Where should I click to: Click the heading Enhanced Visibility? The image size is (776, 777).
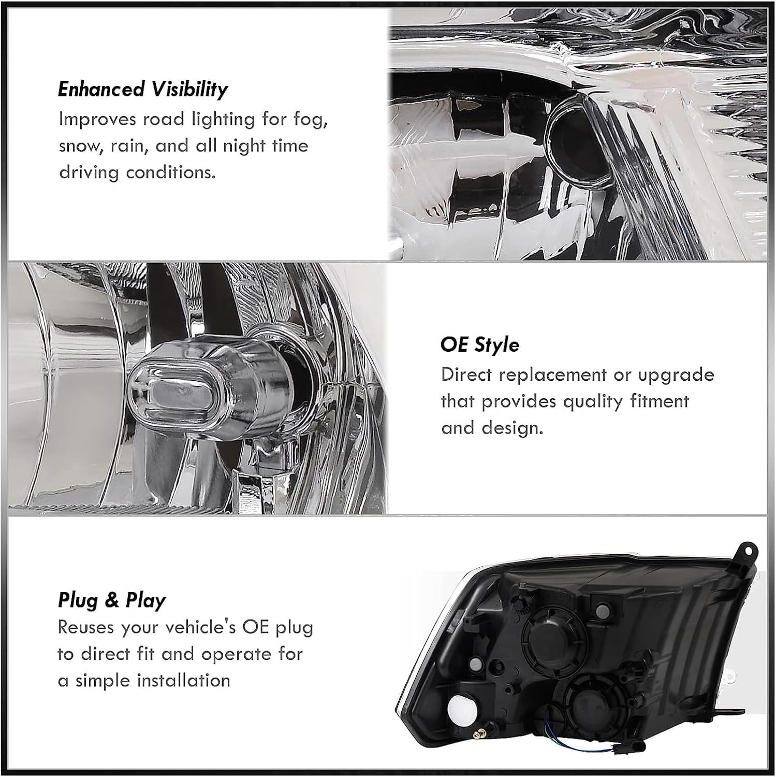pos(142,90)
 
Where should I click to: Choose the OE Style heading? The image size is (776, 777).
pos(480,344)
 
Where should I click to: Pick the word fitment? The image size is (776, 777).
pos(659,401)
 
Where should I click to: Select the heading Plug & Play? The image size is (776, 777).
pos(111,600)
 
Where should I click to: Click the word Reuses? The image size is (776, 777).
pos(86,628)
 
